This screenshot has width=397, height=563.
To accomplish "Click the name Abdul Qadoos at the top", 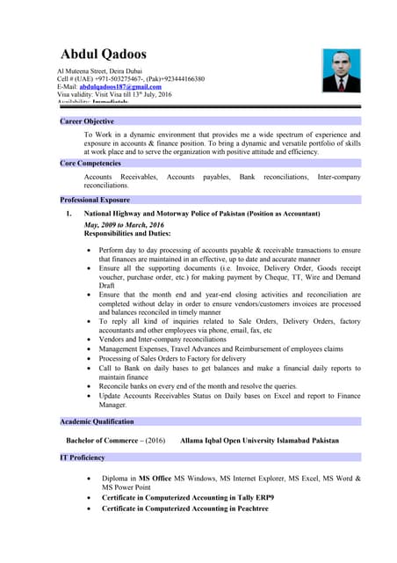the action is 103,55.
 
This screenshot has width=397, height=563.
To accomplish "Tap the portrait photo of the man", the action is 341,70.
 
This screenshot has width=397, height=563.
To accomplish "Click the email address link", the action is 120,87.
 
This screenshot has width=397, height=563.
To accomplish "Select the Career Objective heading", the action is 87,121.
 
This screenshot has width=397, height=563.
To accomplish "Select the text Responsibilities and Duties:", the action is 127,234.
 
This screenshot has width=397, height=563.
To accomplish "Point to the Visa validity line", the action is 114,95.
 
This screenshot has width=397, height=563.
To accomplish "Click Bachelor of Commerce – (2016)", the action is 116,440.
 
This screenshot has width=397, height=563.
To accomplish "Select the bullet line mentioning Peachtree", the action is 191,509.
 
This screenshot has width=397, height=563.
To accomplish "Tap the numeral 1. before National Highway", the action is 69,214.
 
